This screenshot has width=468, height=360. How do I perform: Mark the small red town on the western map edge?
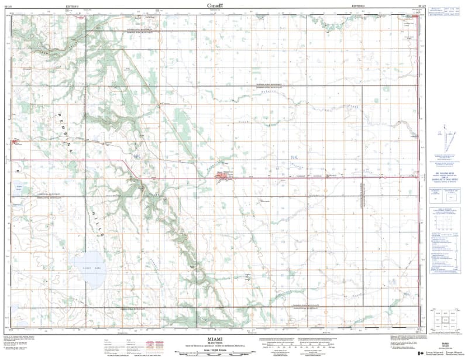click(16, 140)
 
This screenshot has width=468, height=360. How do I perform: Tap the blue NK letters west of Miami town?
click(138, 156)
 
